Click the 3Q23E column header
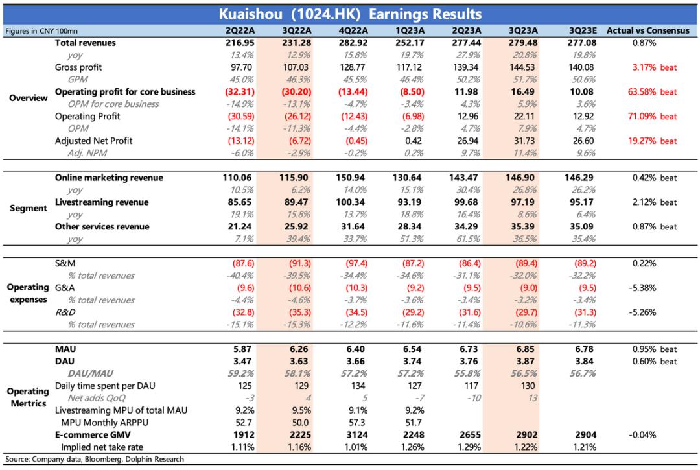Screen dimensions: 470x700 pyautogui.click(x=583, y=30)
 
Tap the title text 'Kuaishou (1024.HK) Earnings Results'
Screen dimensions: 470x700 pyautogui.click(x=350, y=14)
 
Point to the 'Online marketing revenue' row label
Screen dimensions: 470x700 pyautogui.click(x=109, y=178)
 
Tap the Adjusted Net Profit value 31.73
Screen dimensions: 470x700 pyautogui.click(x=524, y=141)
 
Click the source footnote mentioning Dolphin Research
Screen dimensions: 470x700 pyautogui.click(x=98, y=460)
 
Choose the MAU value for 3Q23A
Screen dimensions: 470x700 pyautogui.click(x=524, y=349)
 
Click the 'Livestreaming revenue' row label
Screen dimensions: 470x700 pyautogui.click(x=102, y=202)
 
